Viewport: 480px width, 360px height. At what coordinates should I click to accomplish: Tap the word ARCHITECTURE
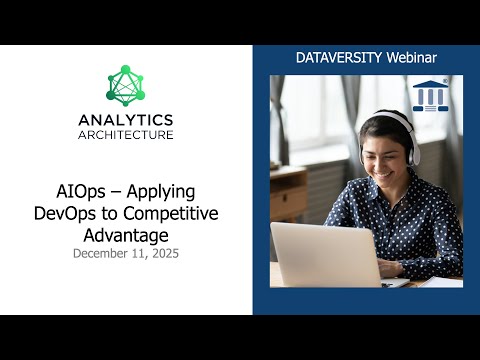tap(126, 134)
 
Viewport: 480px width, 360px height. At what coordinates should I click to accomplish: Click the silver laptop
tap(320, 254)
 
